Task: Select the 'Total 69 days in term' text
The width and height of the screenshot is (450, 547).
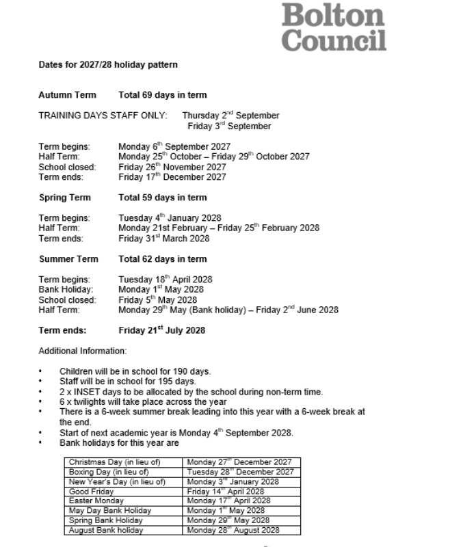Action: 162,95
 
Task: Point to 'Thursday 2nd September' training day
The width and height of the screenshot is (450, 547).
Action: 230,116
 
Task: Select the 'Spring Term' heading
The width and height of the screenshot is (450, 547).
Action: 67,198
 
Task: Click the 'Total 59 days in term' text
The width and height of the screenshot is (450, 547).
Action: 162,198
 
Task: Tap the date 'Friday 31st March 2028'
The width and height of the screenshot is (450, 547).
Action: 163,239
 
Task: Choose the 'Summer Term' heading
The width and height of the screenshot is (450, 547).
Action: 68,259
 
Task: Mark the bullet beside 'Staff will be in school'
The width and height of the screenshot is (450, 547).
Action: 41,382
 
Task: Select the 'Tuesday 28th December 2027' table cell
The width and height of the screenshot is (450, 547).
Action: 240,472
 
